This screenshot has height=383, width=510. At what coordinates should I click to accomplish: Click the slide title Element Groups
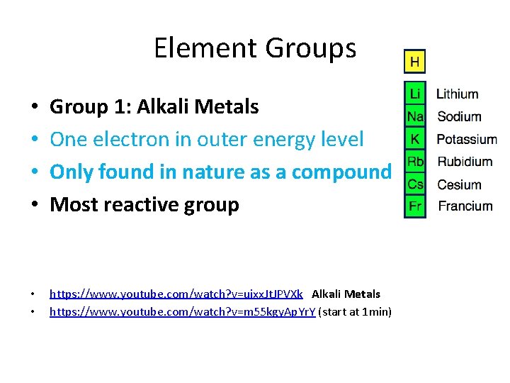pyautogui.click(x=254, y=48)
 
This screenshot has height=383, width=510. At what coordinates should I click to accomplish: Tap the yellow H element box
pyautogui.click(x=414, y=62)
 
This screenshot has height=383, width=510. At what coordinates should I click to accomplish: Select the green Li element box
pyautogui.click(x=414, y=94)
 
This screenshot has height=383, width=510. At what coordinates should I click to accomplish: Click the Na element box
pyautogui.click(x=414, y=116)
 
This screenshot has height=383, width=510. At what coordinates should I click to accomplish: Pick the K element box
pyautogui.click(x=414, y=139)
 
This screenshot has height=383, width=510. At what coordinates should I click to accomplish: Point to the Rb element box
pyautogui.click(x=414, y=162)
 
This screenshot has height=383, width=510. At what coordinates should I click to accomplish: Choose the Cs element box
pyautogui.click(x=414, y=184)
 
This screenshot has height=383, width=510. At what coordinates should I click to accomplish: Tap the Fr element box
pyautogui.click(x=414, y=206)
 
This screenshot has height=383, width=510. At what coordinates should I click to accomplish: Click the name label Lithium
pyautogui.click(x=457, y=94)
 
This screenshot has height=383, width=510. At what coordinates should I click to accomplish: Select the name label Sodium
pyautogui.click(x=459, y=116)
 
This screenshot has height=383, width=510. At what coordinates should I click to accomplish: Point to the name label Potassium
pyautogui.click(x=467, y=139)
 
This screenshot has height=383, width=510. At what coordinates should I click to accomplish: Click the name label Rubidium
pyautogui.click(x=465, y=162)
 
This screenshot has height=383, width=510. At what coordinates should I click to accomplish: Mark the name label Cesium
pyautogui.click(x=459, y=184)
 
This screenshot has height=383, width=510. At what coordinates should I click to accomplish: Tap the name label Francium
pyautogui.click(x=465, y=206)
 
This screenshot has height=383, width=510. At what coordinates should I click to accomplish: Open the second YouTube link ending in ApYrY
pyautogui.click(x=182, y=311)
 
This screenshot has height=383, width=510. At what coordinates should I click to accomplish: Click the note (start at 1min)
pyautogui.click(x=355, y=311)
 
